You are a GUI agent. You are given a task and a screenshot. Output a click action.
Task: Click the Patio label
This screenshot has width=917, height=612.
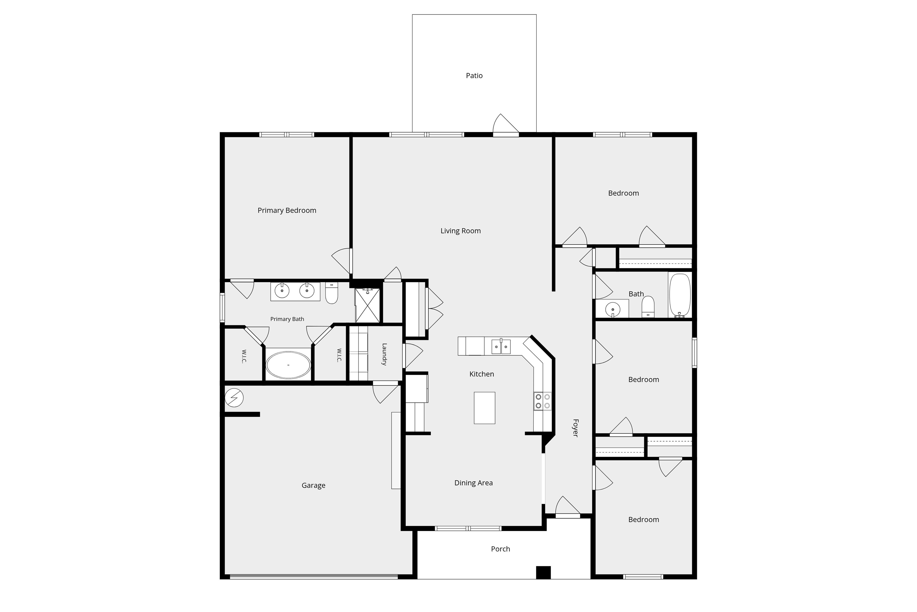(474, 76)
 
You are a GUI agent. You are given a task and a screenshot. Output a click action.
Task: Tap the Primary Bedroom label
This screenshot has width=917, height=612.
(287, 210)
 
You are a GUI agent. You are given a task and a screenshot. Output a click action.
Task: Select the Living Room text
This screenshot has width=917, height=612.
(461, 231)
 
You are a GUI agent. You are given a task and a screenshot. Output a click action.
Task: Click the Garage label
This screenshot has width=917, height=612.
(313, 486)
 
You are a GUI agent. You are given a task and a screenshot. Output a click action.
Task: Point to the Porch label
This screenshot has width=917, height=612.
(501, 549)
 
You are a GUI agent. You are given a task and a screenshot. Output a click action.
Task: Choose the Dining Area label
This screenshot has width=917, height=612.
(473, 483)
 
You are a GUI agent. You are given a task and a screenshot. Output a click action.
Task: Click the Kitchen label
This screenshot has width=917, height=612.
(481, 374)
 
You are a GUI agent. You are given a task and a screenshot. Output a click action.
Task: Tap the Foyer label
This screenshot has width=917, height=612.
(576, 428)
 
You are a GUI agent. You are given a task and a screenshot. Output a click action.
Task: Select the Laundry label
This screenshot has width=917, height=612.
(384, 354)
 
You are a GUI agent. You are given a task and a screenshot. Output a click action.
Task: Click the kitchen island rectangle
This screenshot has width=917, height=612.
(485, 408)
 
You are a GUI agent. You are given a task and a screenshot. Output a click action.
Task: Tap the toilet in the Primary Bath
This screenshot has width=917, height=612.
(332, 293)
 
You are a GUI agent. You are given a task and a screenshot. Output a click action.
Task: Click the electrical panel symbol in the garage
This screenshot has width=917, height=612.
(234, 398)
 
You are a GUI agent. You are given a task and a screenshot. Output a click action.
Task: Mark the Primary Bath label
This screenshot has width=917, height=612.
(287, 319)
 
